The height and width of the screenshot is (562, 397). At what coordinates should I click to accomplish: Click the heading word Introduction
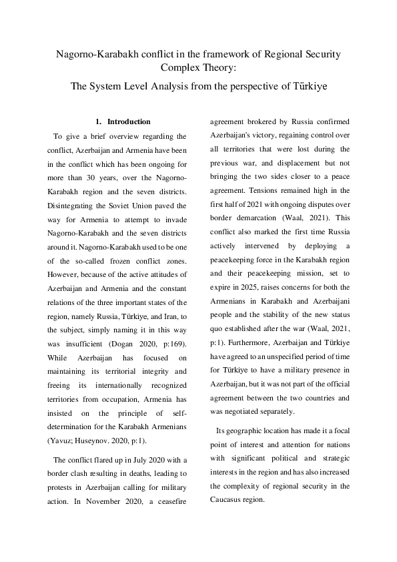(x=129, y=121)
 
